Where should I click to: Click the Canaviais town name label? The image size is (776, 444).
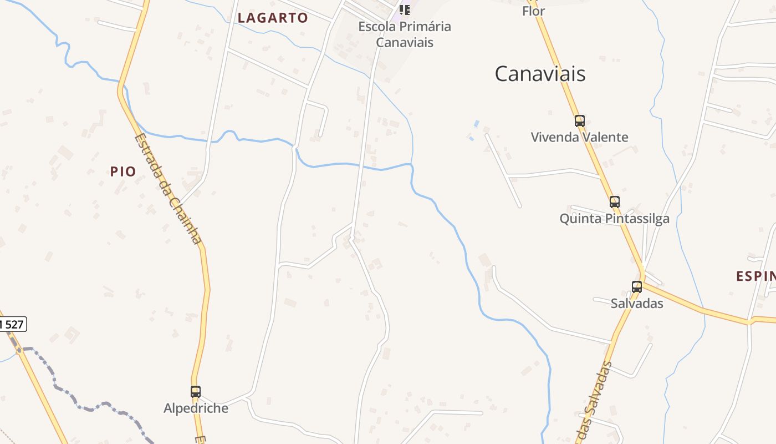(540, 74)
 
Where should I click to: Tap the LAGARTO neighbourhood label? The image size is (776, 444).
(273, 18)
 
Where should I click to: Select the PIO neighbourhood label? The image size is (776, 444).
(123, 171)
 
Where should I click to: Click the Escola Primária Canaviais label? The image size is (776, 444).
(405, 34)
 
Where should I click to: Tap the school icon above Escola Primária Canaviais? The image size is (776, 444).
(405, 9)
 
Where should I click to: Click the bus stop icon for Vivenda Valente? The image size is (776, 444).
(579, 120)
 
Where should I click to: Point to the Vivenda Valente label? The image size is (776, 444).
(579, 137)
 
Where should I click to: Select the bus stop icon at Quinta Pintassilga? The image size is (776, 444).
(614, 201)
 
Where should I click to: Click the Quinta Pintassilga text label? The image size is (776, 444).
(614, 219)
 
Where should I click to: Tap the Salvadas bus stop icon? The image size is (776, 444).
(637, 286)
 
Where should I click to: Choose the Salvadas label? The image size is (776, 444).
(637, 304)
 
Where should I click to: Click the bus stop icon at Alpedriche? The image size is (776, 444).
(195, 391)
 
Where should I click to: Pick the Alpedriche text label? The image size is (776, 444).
(196, 408)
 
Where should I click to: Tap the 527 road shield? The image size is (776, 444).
(12, 324)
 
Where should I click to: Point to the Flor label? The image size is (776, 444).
(533, 11)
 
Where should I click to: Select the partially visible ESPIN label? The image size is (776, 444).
(755, 276)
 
